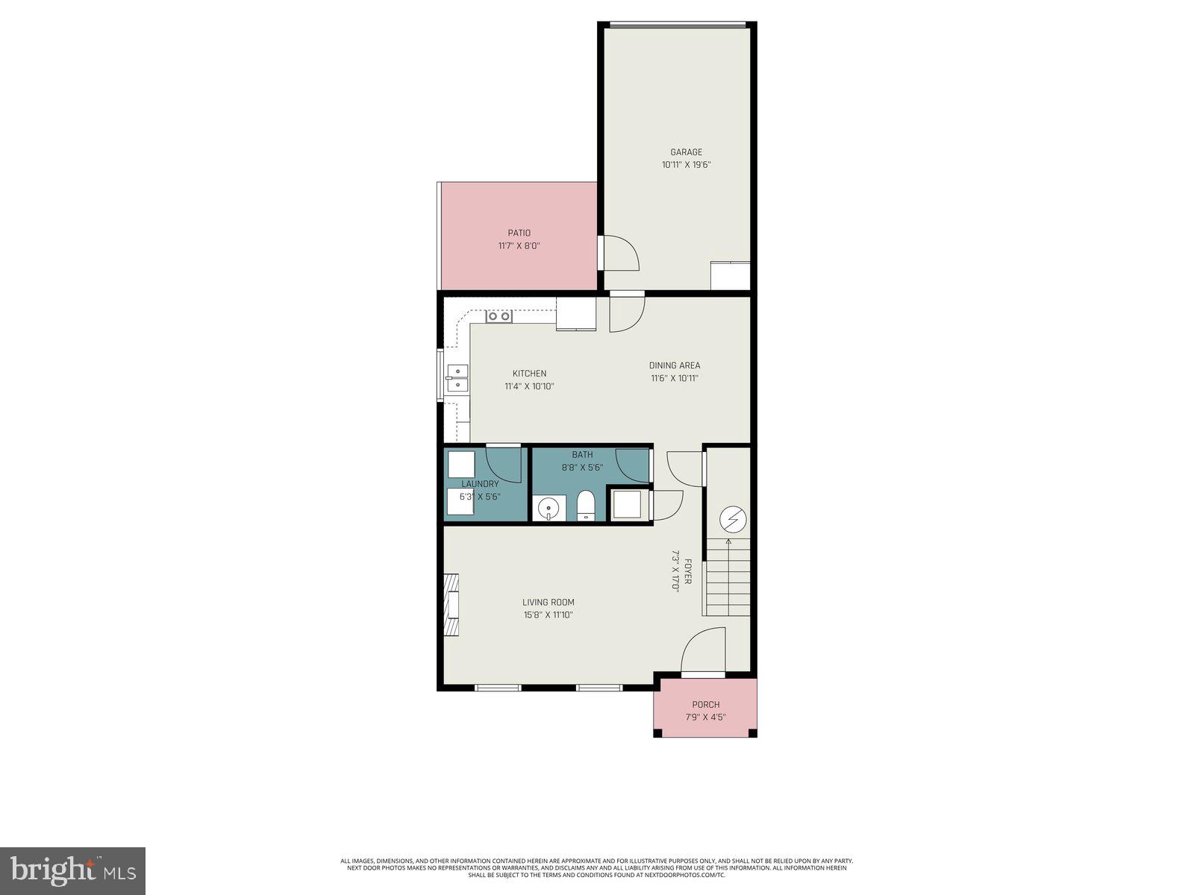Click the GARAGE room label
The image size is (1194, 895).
pos(686,152)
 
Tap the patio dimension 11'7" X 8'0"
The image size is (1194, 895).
pos(519,245)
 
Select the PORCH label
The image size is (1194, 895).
pos(705,704)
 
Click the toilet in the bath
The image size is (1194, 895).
pos(585,506)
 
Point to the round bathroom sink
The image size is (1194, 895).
pos(549,508)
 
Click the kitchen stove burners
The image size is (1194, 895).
pos(499,316)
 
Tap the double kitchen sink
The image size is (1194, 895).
pos(457,379)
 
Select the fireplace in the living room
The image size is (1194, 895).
pos(451,604)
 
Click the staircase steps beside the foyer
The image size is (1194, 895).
pos(727,579)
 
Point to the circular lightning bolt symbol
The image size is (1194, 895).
pos(733,518)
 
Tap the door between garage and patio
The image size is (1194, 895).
pos(619,253)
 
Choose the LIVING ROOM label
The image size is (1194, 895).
pos(548,602)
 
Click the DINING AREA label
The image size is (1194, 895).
pos(674,365)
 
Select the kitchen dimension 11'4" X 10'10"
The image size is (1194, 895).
pos(529,386)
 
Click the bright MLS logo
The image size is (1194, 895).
pos(72,870)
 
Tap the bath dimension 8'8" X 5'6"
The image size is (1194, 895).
pos(582,468)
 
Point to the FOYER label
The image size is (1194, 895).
pos(687,571)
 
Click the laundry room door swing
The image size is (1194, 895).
pos(504,464)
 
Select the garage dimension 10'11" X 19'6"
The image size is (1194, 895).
pos(686,165)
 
